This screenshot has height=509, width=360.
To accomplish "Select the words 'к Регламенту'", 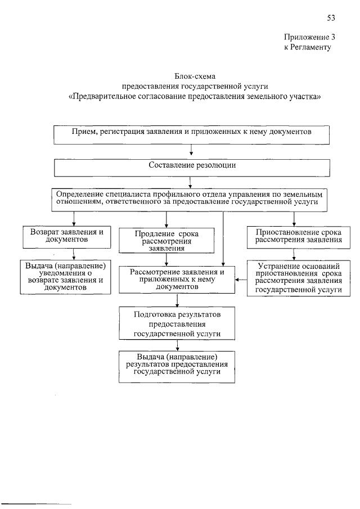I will point(307,47).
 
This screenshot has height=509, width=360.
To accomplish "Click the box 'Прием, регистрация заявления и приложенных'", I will point(192,135).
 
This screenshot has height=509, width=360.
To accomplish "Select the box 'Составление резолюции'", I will point(192,167).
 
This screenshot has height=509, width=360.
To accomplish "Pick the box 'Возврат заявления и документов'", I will point(67,237).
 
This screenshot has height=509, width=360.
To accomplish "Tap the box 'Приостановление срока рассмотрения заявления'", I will point(299,237).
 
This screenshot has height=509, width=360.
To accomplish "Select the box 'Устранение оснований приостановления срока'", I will point(299,278).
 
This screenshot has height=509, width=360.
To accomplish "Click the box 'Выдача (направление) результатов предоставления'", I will point(177,366).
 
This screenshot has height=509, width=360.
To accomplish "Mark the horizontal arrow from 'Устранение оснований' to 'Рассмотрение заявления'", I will point(241,280).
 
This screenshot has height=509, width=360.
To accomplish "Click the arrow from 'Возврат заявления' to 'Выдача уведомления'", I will point(66,254).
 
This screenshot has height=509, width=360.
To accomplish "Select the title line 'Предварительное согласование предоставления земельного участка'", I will point(195,97).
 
